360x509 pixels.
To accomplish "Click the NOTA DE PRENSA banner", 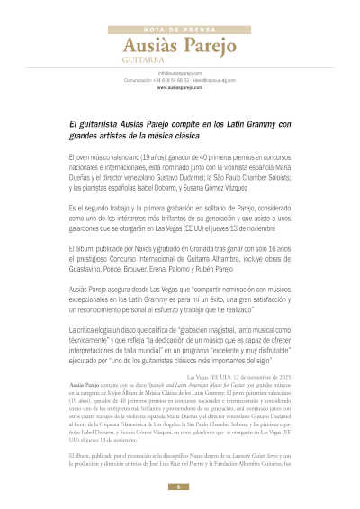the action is [180, 29].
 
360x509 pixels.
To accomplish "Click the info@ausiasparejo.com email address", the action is [179, 72].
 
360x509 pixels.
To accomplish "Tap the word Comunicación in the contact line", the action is [115, 80].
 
